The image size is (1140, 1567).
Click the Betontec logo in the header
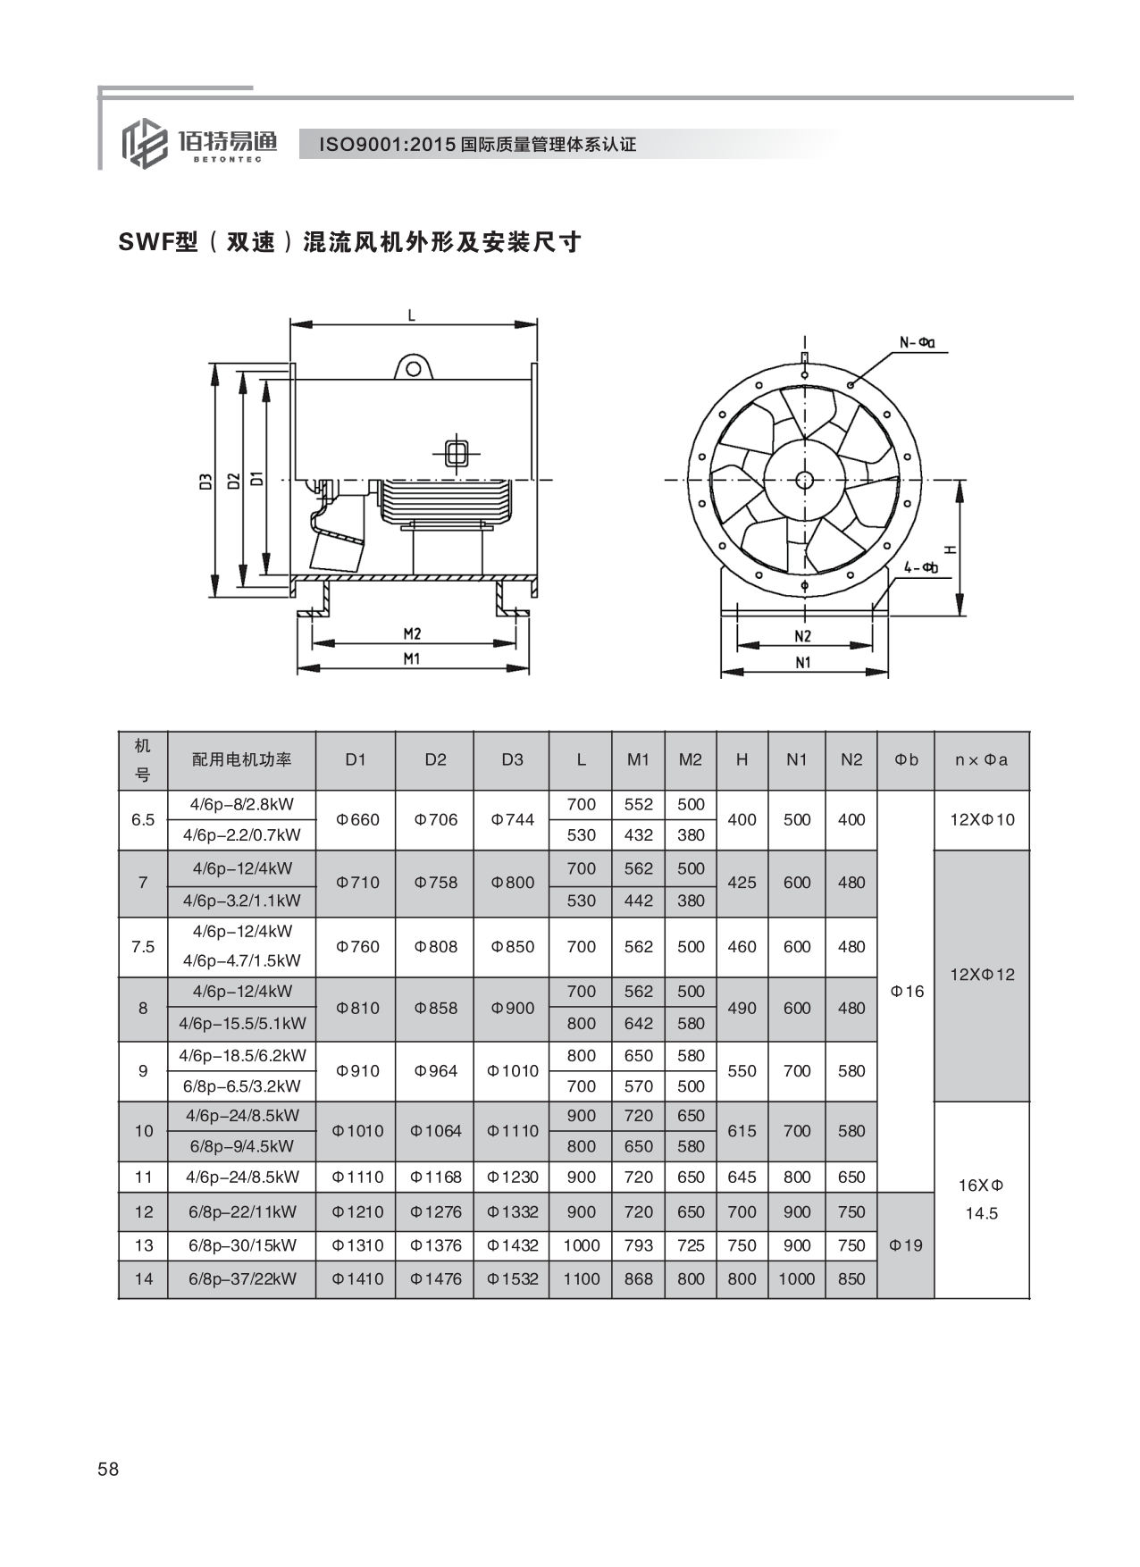tap(198, 142)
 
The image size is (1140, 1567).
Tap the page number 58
tap(108, 1470)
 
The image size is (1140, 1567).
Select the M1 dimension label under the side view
tap(411, 659)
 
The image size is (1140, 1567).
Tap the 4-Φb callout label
tap(920, 566)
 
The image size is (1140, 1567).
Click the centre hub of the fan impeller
tap(804, 481)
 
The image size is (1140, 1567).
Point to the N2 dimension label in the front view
tap(802, 636)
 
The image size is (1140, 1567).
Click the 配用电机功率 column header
tap(242, 759)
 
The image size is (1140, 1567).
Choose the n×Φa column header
tap(981, 760)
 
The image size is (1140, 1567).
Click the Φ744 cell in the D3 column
tap(513, 819)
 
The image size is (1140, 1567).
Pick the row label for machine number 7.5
tap(143, 947)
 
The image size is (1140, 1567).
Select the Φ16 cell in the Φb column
tap(907, 991)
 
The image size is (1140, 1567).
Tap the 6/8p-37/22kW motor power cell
tap(242, 1278)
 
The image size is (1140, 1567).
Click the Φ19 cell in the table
tap(906, 1245)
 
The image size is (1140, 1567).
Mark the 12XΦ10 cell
tap(982, 819)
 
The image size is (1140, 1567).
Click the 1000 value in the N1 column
tap(797, 1278)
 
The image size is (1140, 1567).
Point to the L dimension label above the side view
tap(411, 315)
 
